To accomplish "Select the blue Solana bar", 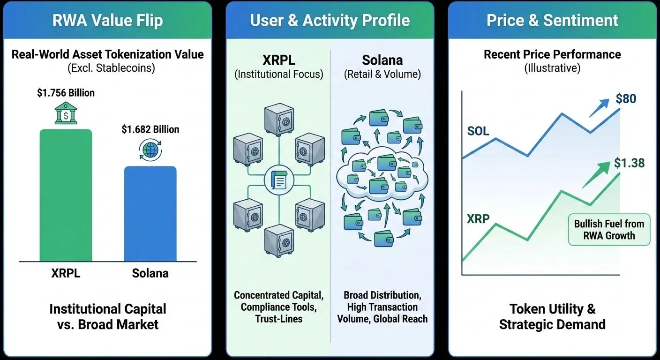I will [150, 213].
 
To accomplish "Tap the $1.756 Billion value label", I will [66, 93].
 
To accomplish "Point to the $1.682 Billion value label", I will [150, 129].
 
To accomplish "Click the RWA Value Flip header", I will [108, 21].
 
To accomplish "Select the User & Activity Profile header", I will [330, 21].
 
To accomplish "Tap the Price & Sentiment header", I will [552, 21].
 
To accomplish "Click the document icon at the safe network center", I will [278, 180].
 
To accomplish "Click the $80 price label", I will [626, 99].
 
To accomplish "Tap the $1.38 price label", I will [629, 163].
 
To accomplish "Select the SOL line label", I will [478, 131].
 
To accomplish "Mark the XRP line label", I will [478, 218].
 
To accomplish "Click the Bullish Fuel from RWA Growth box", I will [609, 230].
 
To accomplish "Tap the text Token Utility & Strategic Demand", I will [552, 316].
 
